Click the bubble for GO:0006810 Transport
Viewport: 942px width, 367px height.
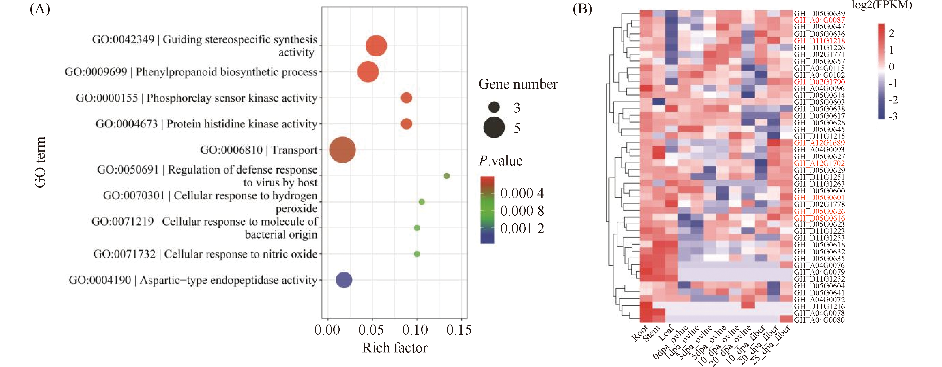click(342, 150)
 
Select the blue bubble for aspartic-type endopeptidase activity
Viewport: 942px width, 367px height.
click(344, 280)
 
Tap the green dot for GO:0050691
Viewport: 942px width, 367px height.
click(447, 176)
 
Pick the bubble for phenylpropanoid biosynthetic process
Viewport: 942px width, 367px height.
click(368, 72)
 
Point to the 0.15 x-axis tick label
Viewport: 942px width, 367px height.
click(459, 330)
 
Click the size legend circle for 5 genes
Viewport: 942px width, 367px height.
click(494, 128)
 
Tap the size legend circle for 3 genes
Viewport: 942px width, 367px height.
click(494, 107)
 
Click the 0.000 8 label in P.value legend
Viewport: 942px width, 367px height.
click(522, 211)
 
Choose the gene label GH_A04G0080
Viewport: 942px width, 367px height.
click(819, 320)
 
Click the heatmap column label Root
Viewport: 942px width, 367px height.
click(640, 333)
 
